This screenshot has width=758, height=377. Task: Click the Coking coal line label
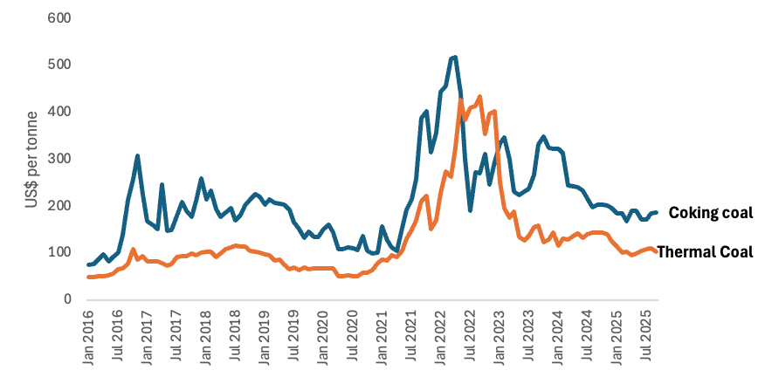(710, 213)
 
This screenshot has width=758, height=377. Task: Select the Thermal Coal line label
(705, 252)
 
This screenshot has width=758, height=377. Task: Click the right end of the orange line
(657, 253)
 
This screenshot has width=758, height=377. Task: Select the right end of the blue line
(657, 212)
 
